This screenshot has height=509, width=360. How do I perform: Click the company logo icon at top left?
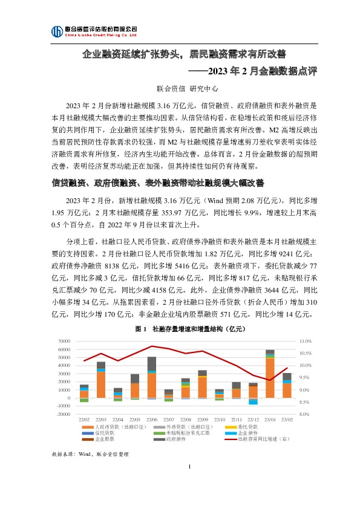(x=56, y=31)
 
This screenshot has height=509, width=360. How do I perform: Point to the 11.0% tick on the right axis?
(x=305, y=341)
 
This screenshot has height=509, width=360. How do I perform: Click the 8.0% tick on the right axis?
(x=304, y=414)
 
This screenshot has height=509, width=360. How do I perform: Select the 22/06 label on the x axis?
(x=152, y=420)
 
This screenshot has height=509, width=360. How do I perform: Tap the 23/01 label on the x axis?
(x=270, y=420)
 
